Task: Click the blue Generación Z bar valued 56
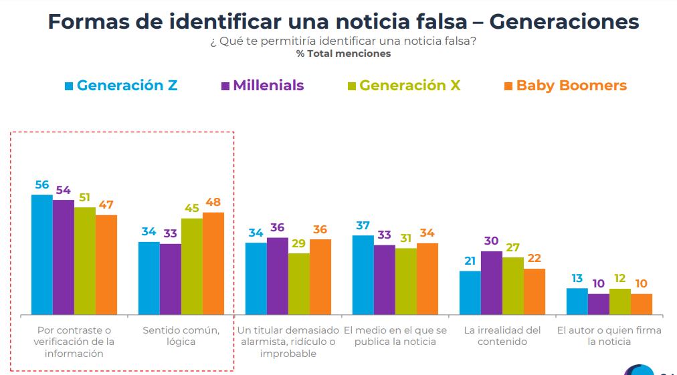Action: [x=42, y=255]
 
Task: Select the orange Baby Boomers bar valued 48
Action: [x=213, y=263]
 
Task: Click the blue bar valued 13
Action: [x=577, y=301]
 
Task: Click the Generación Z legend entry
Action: [x=121, y=86]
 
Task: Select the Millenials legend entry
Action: [x=262, y=86]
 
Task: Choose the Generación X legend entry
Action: [x=403, y=86]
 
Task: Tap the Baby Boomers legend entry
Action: [x=565, y=86]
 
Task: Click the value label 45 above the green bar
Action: [x=192, y=209]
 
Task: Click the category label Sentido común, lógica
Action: [x=181, y=336]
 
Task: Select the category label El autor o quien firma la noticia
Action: [x=609, y=336]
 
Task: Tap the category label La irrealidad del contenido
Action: [x=502, y=336]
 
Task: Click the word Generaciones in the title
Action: [x=564, y=22]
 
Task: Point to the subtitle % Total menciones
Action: [x=343, y=53]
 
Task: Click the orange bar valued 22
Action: [x=535, y=291]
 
